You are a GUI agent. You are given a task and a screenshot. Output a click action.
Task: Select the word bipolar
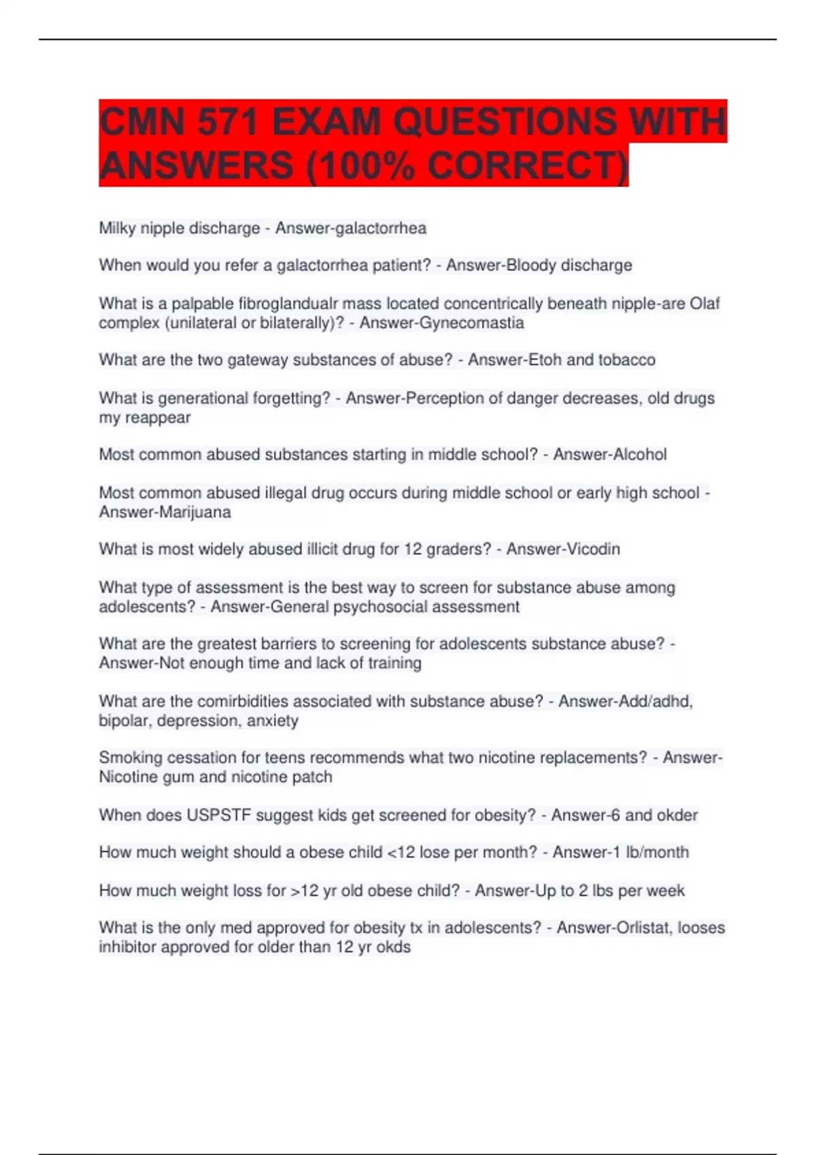tap(125, 720)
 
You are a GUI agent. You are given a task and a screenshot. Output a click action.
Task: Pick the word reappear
tap(157, 417)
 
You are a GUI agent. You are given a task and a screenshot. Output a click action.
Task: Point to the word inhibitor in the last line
tap(125, 946)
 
